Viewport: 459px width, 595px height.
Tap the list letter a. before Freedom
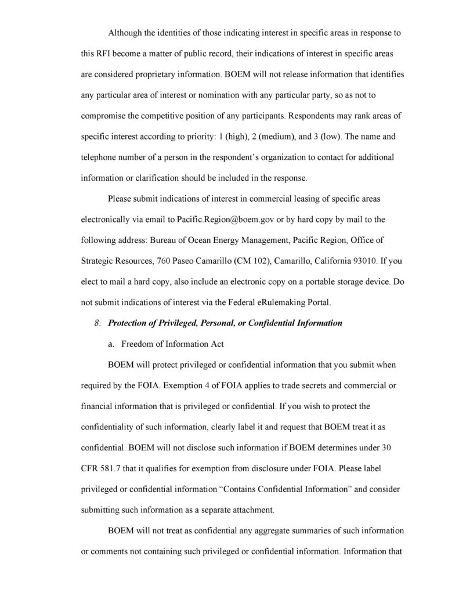(111, 344)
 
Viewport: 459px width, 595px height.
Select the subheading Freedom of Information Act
(164, 344)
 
